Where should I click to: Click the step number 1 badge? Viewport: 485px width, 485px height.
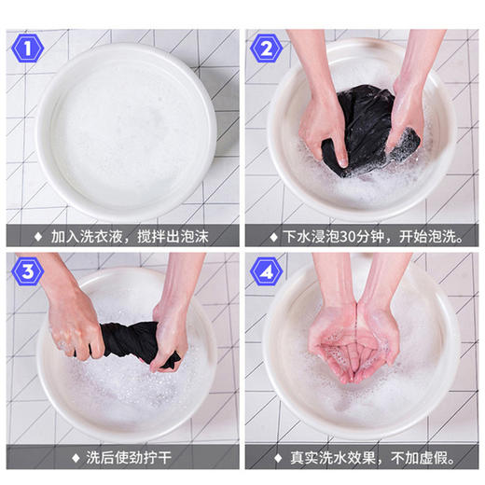pyautogui.click(x=29, y=48)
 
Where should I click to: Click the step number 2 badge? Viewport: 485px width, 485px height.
pyautogui.click(x=266, y=48)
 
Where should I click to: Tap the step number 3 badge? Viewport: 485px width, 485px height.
pyautogui.click(x=29, y=271)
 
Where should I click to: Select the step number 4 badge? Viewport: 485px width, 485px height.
pyautogui.click(x=266, y=271)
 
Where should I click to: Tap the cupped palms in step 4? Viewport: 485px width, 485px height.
pyautogui.click(x=359, y=345)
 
